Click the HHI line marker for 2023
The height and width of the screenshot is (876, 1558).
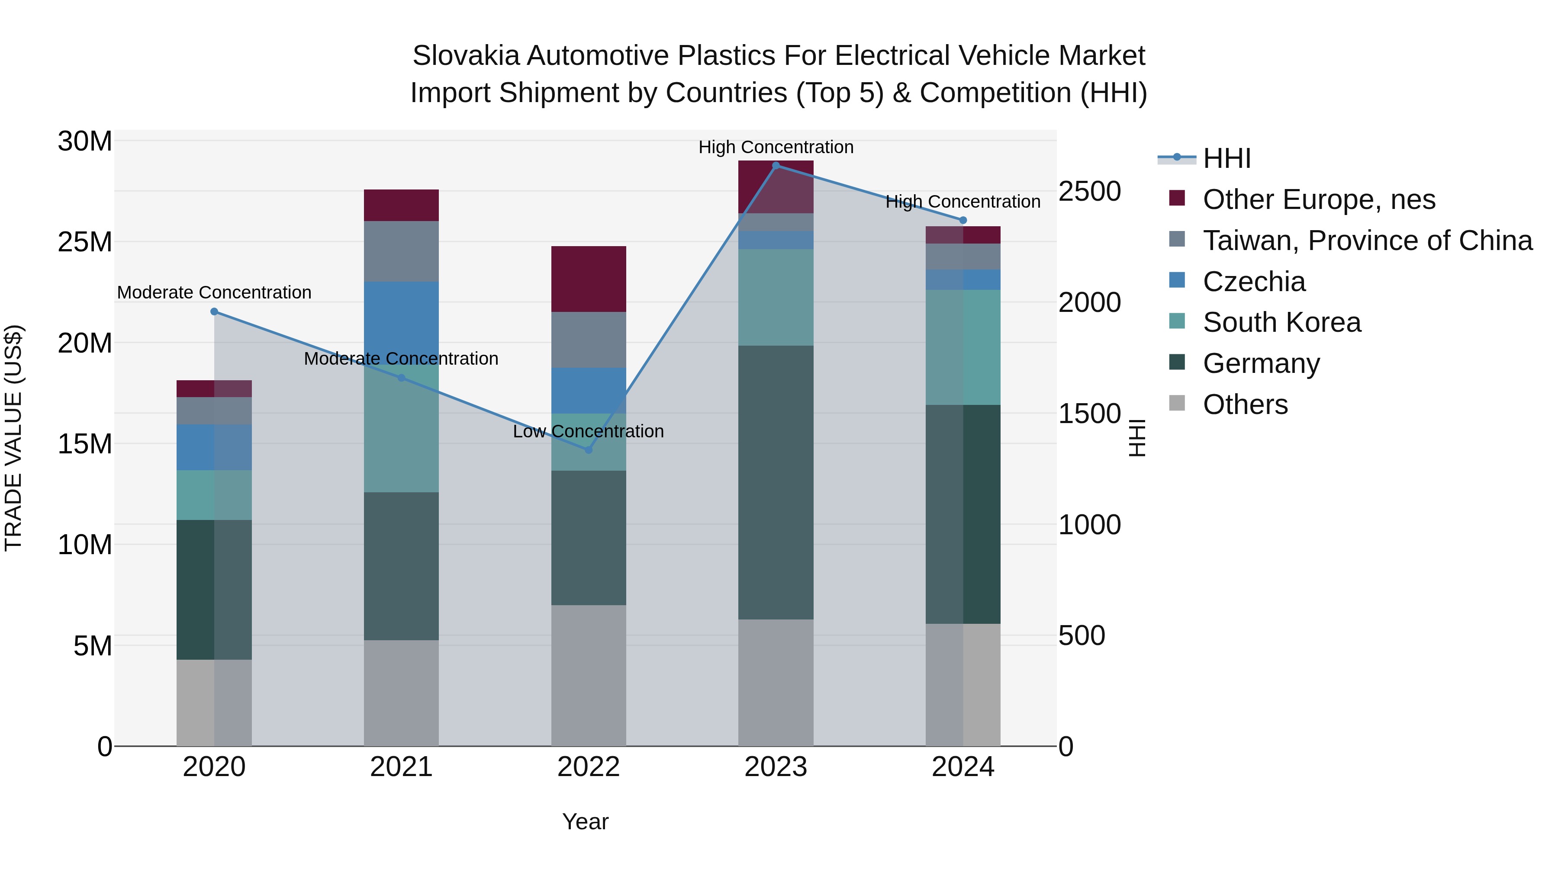pos(776,166)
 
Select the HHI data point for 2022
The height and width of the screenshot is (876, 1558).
pos(589,450)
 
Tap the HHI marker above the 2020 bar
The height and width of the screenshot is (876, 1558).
pos(214,312)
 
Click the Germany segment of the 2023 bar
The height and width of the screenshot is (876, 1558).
pos(776,482)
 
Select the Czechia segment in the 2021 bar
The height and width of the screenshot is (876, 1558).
pos(401,321)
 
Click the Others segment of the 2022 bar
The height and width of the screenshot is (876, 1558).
pos(589,675)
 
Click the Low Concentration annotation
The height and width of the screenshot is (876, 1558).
pos(589,432)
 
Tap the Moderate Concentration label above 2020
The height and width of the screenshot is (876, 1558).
pos(214,292)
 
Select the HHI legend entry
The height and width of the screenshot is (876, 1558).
pos(1226,158)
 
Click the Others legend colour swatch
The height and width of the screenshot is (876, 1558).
pos(1177,403)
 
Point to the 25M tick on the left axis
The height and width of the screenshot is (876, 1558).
pos(85,242)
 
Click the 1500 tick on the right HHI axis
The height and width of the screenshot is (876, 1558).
pos(1089,414)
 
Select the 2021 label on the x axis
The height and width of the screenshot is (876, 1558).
pos(401,767)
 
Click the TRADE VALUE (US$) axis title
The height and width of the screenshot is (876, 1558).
pos(13,438)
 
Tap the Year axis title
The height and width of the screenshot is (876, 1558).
pos(585,821)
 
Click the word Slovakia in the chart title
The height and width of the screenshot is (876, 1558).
pos(466,56)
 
